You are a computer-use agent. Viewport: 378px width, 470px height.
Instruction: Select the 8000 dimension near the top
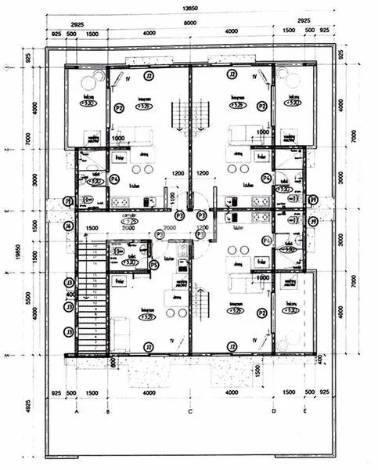tap(189, 23)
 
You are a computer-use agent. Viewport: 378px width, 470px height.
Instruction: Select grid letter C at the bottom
tap(190, 410)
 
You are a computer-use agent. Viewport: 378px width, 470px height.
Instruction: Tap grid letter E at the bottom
tap(303, 410)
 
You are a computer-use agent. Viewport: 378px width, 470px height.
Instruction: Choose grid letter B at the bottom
tap(106, 410)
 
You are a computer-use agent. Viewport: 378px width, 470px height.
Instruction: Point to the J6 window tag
tap(69, 227)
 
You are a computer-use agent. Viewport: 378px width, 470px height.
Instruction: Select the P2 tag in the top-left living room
tap(120, 108)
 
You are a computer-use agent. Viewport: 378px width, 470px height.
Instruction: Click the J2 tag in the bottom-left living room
tap(147, 346)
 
